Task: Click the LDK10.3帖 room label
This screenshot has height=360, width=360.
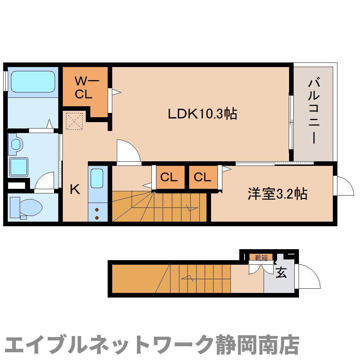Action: pyautogui.click(x=202, y=114)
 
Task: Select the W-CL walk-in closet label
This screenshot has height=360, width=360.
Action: pyautogui.click(x=84, y=88)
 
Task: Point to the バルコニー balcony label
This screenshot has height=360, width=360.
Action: pyautogui.click(x=314, y=112)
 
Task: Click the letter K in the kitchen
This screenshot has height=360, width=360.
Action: pyautogui.click(x=74, y=190)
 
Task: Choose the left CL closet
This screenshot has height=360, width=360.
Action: pyautogui.click(x=169, y=177)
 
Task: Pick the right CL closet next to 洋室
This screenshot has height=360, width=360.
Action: pyautogui.click(x=202, y=177)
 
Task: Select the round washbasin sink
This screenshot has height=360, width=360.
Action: pyautogui.click(x=16, y=144)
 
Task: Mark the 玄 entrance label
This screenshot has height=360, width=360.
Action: pyautogui.click(x=281, y=272)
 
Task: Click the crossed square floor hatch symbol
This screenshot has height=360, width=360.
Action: pyautogui.click(x=74, y=121)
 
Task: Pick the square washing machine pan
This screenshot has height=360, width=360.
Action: pyautogui.click(x=18, y=166)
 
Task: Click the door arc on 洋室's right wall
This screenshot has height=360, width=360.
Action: pyautogui.click(x=344, y=185)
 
